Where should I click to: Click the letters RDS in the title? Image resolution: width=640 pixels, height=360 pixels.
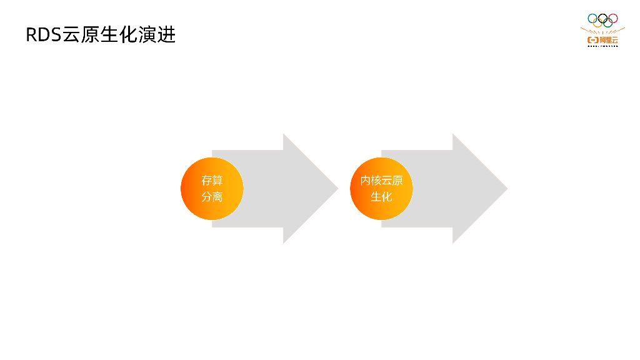click(x=43, y=35)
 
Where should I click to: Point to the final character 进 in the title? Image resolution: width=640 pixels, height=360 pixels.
click(x=167, y=35)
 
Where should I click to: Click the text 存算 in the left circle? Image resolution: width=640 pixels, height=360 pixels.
click(x=212, y=181)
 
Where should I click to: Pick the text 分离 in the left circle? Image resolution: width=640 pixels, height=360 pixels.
click(x=212, y=197)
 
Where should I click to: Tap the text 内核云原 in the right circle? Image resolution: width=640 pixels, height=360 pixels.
click(x=381, y=181)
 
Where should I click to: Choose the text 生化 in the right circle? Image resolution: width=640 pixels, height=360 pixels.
click(x=381, y=197)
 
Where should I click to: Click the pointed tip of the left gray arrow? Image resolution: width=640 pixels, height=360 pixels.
click(x=337, y=189)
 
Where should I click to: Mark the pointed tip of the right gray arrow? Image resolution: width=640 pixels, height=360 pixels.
click(x=507, y=189)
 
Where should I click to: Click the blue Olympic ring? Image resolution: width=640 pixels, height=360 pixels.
click(x=592, y=18)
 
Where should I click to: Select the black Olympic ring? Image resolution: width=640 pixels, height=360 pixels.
click(x=602, y=18)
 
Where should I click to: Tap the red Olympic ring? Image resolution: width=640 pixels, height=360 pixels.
click(x=613, y=18)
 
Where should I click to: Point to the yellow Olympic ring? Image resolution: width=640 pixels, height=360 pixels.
click(x=597, y=23)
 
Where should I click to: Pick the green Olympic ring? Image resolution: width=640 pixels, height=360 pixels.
click(x=608, y=23)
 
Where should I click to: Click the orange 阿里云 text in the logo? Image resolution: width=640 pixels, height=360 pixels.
click(x=609, y=40)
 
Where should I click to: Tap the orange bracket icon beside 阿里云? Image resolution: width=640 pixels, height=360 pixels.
click(x=592, y=40)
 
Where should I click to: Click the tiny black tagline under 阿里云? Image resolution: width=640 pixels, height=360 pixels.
click(x=602, y=46)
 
